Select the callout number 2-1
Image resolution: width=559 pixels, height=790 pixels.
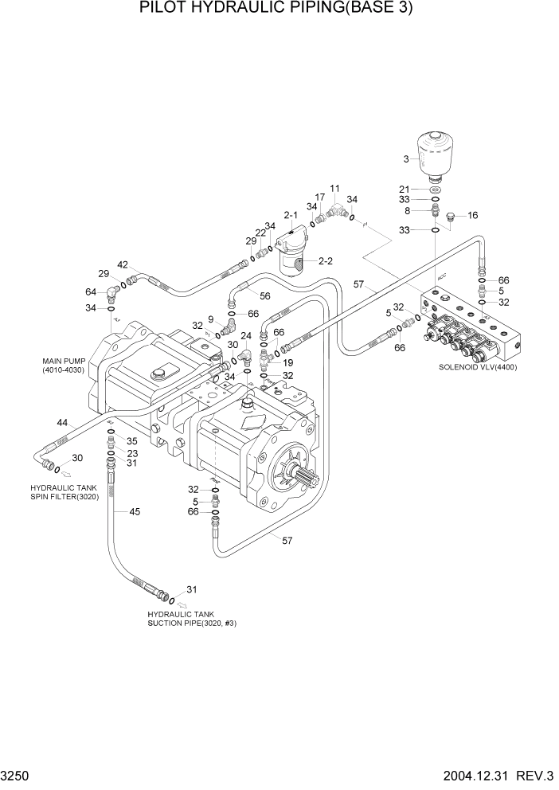pos(291,215)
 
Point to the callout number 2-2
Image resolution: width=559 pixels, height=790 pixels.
pos(326,261)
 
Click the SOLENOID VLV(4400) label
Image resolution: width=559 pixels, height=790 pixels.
pos(477,367)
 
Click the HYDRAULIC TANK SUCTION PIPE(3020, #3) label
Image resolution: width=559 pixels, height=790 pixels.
pos(191,619)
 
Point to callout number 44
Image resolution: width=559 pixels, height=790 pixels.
pos(61,424)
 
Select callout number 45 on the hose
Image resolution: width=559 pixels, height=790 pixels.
pos(135,511)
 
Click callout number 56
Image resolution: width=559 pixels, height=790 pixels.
pos(265,295)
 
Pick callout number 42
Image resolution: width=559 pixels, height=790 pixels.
pos(123,264)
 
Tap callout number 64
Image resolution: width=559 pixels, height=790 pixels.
pos(91,291)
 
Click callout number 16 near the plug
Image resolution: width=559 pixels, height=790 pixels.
pos(472,216)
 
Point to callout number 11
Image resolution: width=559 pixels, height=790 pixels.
pos(334,189)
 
